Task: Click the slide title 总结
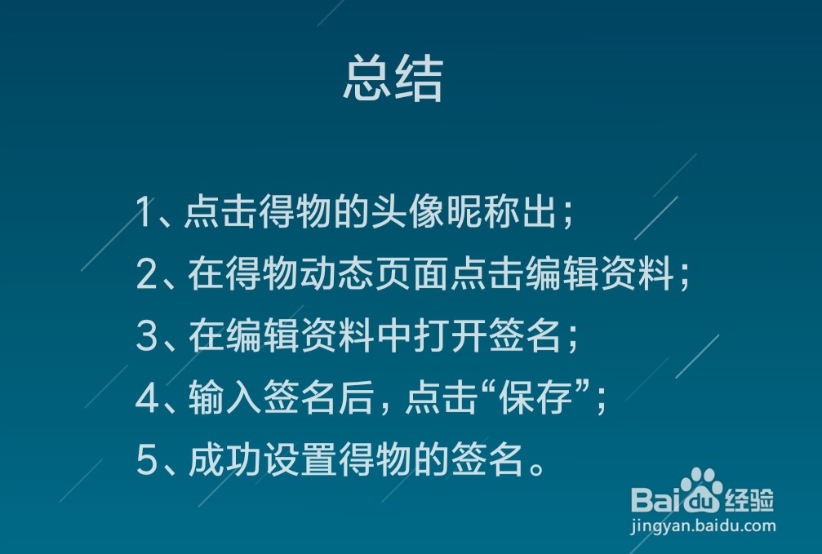pyautogui.click(x=393, y=78)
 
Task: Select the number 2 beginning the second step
pyautogui.click(x=147, y=274)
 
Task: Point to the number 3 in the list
pyautogui.click(x=147, y=336)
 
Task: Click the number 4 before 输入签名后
pyautogui.click(x=147, y=398)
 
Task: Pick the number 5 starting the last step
pyautogui.click(x=147, y=460)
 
